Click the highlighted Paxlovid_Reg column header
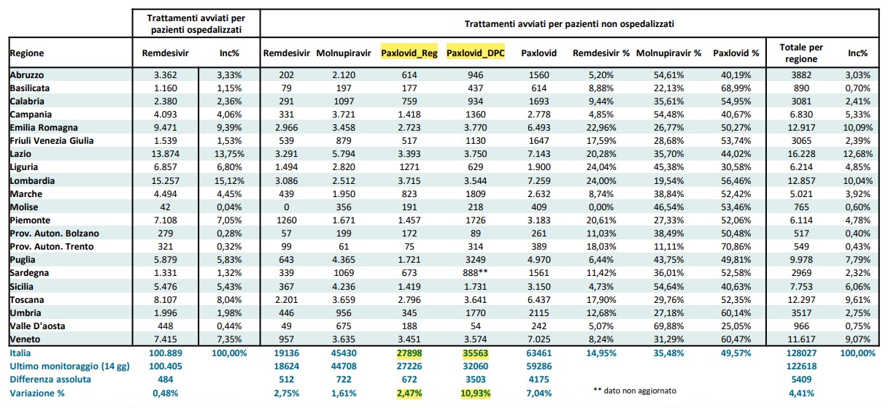(409, 53)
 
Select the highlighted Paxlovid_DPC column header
(475, 53)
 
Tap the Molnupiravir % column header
(669, 53)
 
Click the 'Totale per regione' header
(801, 53)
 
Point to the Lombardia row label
(32, 181)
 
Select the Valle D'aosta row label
(37, 326)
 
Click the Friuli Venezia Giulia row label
(52, 141)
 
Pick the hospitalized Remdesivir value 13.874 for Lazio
(166, 154)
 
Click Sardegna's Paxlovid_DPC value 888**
(475, 273)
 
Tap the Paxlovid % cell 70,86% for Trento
(736, 247)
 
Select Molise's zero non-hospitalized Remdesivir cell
(286, 207)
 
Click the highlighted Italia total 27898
(409, 353)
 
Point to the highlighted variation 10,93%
(475, 393)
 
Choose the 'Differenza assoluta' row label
(50, 380)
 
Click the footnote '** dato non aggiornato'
(635, 390)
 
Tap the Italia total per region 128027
(801, 353)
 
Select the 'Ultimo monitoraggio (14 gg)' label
(70, 366)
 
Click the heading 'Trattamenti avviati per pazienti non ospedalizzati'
(569, 24)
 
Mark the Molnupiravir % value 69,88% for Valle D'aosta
(669, 326)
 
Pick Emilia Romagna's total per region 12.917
(801, 128)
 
